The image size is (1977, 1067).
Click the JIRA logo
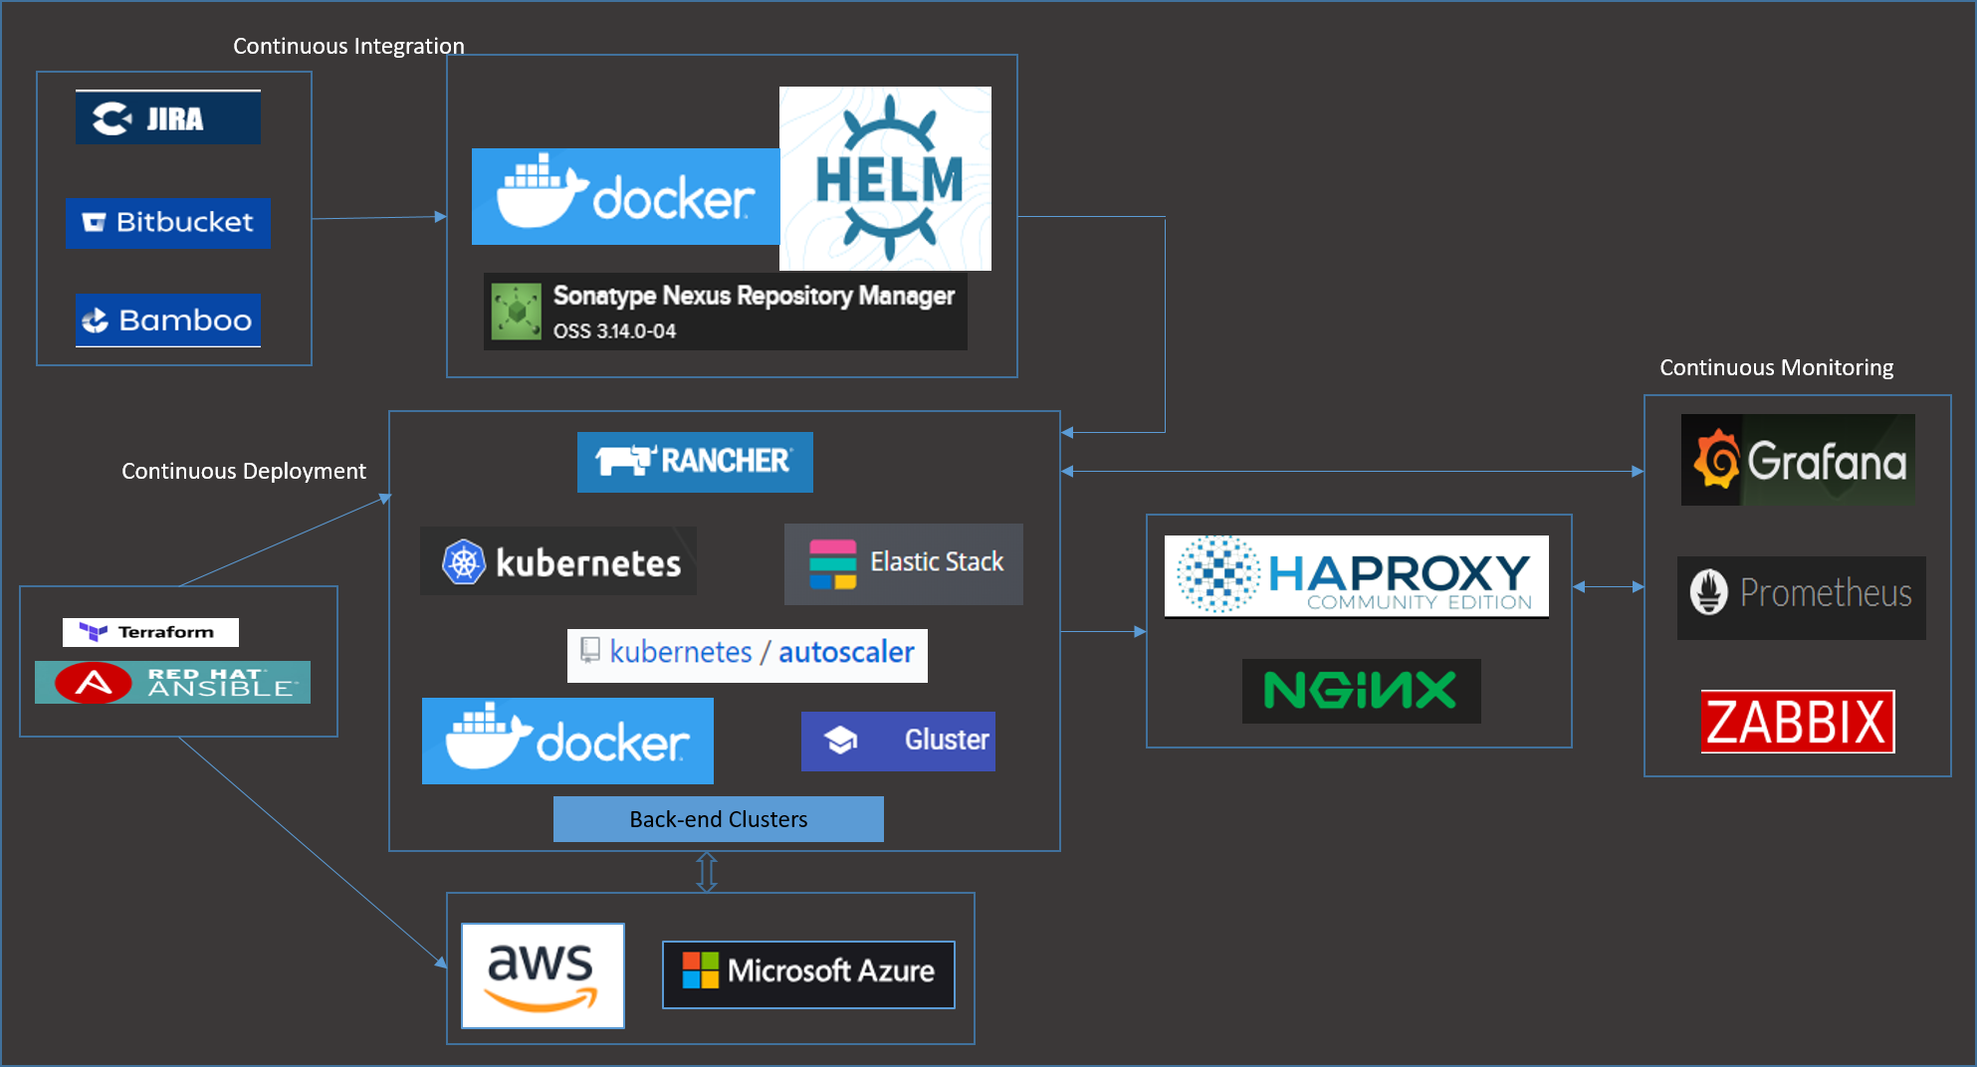[167, 117]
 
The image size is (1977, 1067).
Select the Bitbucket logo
[167, 222]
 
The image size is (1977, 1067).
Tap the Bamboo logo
[167, 320]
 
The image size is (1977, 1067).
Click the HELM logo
[885, 179]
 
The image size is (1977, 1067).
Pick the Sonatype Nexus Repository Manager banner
[725, 312]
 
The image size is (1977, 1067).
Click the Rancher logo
[694, 461]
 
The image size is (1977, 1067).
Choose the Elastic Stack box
[903, 563]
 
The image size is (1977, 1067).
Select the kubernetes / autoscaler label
[747, 654]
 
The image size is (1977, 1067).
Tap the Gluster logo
[897, 741]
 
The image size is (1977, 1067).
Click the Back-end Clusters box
[718, 819]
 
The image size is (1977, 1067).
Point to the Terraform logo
[150, 632]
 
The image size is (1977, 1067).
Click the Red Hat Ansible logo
[172, 683]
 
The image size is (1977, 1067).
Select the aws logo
[543, 975]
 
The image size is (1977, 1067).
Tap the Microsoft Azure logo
[808, 973]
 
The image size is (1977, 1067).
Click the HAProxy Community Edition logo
[1356, 576]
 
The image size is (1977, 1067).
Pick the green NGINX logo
[1361, 691]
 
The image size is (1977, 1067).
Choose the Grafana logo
[1797, 460]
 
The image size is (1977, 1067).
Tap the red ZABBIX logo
[1797, 722]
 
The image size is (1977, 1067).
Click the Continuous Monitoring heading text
[1776, 367]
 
